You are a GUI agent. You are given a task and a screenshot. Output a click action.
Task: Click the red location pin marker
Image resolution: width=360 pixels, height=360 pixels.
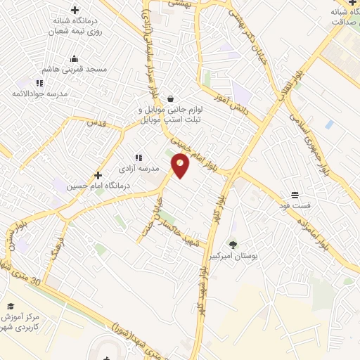(x=181, y=166)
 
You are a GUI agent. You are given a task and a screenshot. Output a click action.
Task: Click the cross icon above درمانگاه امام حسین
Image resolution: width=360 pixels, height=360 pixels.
(x=98, y=175)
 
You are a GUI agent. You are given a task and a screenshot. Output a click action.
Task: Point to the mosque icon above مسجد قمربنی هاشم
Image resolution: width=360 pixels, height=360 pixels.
(x=75, y=59)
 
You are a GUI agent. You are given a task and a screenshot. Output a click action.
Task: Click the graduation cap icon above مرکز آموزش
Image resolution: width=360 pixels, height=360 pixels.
(x=11, y=306)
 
